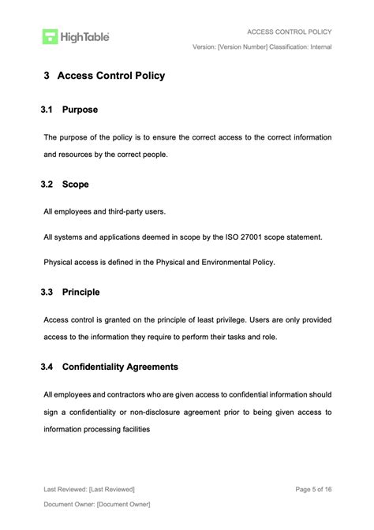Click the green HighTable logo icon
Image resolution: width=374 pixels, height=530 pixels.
click(51, 36)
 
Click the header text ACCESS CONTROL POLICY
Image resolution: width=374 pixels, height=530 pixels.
click(289, 32)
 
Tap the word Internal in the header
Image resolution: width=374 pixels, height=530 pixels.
click(317, 47)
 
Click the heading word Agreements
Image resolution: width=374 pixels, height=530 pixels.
click(150, 367)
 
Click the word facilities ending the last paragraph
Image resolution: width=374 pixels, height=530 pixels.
click(132, 430)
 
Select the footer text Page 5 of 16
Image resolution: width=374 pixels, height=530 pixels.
click(313, 489)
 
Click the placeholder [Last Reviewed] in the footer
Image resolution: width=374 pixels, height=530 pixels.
click(112, 489)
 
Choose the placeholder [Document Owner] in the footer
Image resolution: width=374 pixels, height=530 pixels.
click(124, 504)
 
